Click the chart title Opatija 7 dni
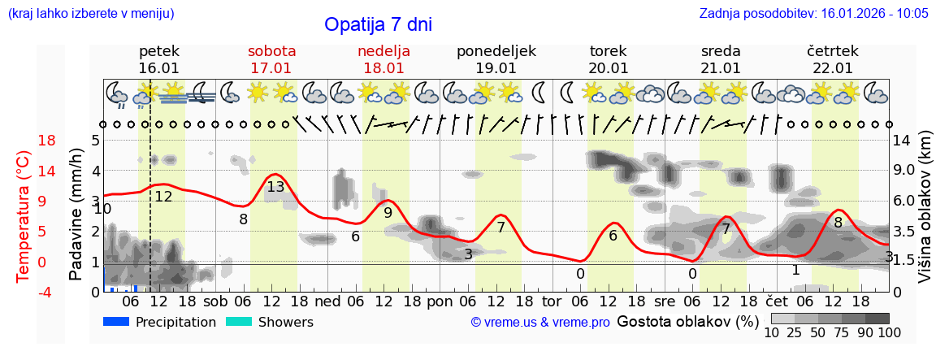point(378,24)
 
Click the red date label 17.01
point(271,68)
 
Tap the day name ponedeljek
point(496,51)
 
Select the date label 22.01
point(833,68)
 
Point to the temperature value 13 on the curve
point(275,187)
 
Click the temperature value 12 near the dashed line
point(163,196)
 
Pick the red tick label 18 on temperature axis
point(24,141)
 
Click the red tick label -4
point(24,292)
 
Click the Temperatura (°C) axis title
point(24,216)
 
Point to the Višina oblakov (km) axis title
point(925,216)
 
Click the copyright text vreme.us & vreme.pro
point(540,323)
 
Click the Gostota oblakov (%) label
point(687,321)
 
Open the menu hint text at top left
point(90,14)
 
